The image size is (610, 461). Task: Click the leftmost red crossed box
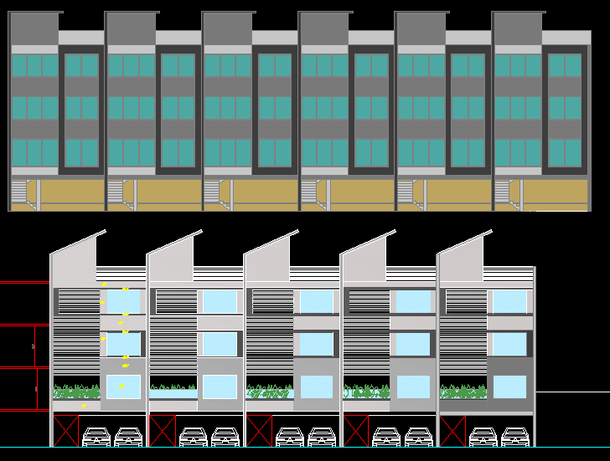coord(65,430)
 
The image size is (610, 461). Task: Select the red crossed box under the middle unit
coord(259,430)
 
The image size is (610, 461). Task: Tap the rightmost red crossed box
coord(452,430)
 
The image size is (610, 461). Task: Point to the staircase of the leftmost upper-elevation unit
coord(19,193)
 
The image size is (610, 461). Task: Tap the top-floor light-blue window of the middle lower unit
coord(317,302)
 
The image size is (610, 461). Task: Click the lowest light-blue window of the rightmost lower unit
coord(509,387)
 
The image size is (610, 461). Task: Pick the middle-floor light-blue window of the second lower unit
coord(220,344)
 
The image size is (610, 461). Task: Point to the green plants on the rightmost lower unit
coord(463,392)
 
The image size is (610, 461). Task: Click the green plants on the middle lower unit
coord(269,392)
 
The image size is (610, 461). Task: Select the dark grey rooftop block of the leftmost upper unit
coord(34,28)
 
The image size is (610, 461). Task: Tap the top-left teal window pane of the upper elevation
coord(18,66)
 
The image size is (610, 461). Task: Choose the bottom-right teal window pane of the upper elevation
coord(573,153)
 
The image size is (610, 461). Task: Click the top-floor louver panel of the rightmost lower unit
coord(466,301)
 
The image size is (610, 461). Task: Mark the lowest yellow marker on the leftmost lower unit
coord(84,406)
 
